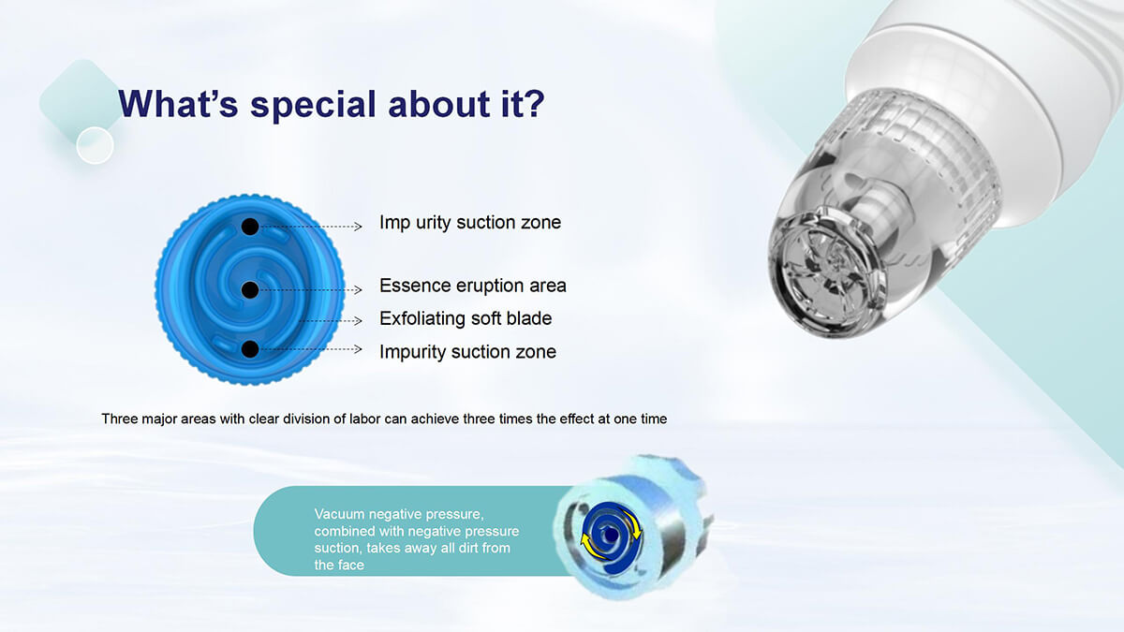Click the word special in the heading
click(313, 105)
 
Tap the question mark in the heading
click(534, 103)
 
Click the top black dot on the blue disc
click(250, 227)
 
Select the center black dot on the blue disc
click(250, 290)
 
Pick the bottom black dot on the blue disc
click(250, 349)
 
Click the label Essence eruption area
click(473, 286)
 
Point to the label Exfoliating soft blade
click(466, 318)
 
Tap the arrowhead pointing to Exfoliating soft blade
click(358, 320)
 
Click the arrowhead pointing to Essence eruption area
click(358, 290)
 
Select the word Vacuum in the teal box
click(339, 514)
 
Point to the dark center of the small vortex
click(611, 536)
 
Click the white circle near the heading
click(95, 145)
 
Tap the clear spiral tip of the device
click(828, 275)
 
